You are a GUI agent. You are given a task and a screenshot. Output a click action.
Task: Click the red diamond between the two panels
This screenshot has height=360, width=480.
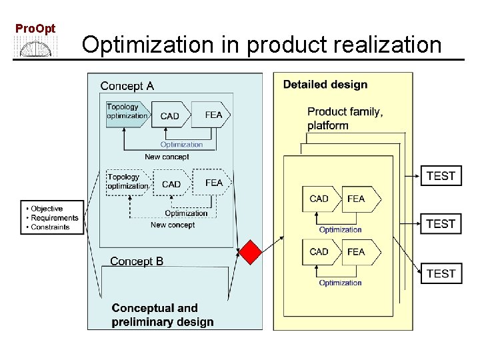tap(251, 253)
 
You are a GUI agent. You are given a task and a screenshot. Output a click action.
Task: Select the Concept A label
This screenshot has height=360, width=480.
tap(127, 86)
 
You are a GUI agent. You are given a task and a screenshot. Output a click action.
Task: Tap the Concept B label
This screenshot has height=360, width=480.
tap(137, 261)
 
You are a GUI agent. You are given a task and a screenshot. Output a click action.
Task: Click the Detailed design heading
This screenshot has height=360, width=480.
tap(325, 85)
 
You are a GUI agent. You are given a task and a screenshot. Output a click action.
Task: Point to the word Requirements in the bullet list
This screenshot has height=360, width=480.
tap(54, 218)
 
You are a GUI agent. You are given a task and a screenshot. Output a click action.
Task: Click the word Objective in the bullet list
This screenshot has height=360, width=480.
tap(47, 209)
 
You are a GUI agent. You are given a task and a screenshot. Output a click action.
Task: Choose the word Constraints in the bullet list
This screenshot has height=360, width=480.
tap(50, 227)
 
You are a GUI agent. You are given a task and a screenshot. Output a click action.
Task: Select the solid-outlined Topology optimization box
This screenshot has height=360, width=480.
tap(127, 111)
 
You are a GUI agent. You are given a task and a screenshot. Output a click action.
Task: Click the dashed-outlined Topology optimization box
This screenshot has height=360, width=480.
tap(127, 181)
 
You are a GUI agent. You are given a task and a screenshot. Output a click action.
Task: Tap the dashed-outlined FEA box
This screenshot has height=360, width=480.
tap(213, 182)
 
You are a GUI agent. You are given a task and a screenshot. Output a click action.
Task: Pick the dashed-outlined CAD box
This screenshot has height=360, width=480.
tap(171, 184)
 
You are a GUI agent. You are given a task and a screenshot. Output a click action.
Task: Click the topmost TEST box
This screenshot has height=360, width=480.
tap(441, 176)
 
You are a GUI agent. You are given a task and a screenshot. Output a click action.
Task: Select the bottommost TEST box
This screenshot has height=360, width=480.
tap(441, 273)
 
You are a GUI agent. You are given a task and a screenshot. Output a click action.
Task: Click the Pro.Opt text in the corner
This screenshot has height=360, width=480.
tap(35, 29)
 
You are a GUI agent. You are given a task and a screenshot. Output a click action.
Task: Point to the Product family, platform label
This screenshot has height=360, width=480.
tap(345, 119)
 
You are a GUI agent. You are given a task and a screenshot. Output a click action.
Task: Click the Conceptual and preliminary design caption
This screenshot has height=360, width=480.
tap(163, 315)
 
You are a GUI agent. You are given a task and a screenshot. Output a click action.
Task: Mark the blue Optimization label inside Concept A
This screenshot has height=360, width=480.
tap(181, 145)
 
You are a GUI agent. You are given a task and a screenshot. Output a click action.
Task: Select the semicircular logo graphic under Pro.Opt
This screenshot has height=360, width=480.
tap(36, 47)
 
